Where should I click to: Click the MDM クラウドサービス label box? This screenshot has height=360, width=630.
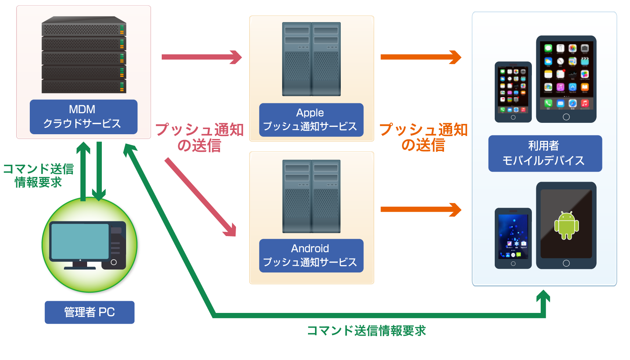tap(83, 117)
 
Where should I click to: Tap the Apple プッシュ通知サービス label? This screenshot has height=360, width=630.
tap(311, 120)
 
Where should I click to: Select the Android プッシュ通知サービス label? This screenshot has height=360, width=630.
tap(311, 256)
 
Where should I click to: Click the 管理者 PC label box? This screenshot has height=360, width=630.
tap(89, 312)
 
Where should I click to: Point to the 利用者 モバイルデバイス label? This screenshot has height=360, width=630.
tap(545, 153)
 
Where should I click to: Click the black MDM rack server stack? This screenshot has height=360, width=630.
tap(84, 55)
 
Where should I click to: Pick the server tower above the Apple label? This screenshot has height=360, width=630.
tap(311, 59)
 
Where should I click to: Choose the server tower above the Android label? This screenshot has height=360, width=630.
tap(311, 196)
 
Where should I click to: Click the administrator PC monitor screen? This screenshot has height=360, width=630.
tap(80, 241)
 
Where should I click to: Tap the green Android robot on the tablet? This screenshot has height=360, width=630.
tap(566, 225)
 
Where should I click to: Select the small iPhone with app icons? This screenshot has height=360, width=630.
tap(513, 92)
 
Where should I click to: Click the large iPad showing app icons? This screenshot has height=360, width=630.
tap(566, 79)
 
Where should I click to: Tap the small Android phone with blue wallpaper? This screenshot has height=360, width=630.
tap(513, 238)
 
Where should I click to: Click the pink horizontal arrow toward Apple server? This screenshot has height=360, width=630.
tap(201, 57)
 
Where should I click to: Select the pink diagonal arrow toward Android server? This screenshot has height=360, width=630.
tap(200, 197)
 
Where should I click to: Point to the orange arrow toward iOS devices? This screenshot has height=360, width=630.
tap(420, 57)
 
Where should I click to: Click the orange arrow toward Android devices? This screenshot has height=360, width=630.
tap(420, 210)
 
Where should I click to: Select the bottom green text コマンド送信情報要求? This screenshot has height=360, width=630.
tap(366, 331)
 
